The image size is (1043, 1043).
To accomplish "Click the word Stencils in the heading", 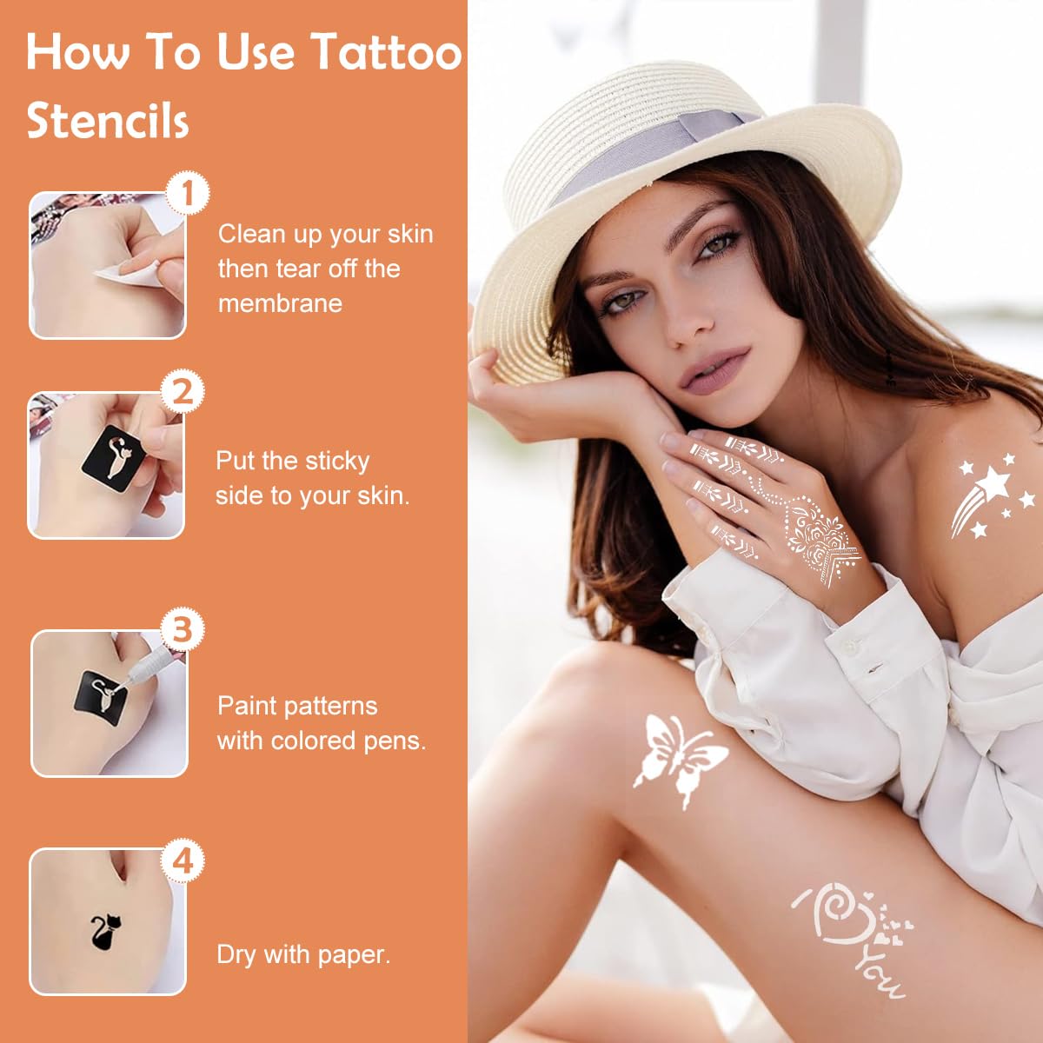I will coord(107,121).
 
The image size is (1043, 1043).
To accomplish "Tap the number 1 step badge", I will coord(187,193).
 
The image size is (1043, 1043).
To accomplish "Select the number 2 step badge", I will coord(183,392).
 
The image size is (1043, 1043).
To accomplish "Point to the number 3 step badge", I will coord(183,628).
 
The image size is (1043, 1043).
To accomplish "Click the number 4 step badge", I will coord(183,861).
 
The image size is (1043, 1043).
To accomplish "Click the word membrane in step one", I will coord(280,303).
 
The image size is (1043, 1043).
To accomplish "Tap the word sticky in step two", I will coord(329,461).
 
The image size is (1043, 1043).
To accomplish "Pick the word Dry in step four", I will coord(236,954).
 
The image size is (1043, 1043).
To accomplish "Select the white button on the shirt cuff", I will coord(851,647).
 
